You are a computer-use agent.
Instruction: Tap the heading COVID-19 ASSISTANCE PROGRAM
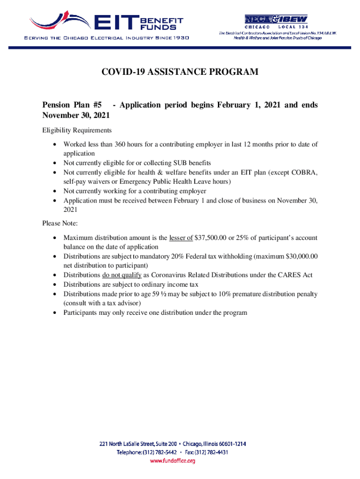pos(180,72)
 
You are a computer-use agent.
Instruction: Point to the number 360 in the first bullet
pos(126,144)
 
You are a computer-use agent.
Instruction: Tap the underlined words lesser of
pos(181,237)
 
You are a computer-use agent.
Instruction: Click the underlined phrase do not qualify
pos(122,275)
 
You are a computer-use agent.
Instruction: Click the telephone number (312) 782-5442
pos(161,452)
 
